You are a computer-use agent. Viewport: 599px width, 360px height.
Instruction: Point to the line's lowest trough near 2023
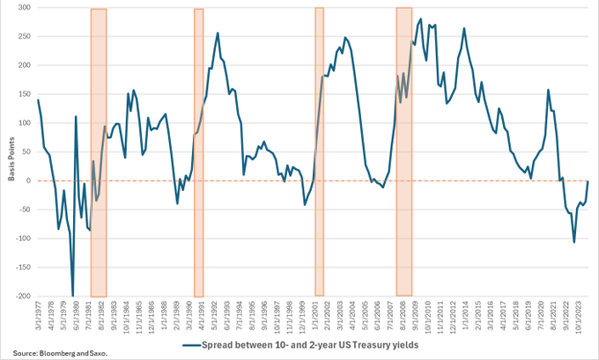point(574,242)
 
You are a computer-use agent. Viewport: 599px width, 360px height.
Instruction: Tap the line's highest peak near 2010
point(420,18)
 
